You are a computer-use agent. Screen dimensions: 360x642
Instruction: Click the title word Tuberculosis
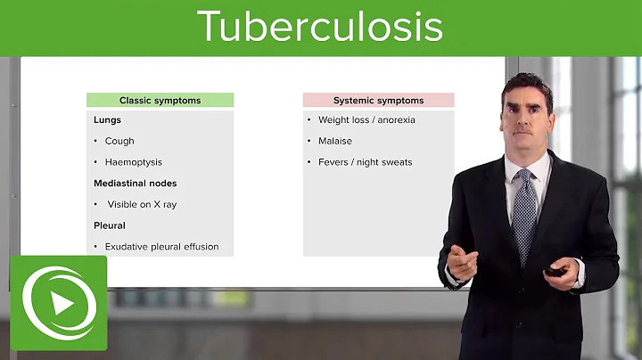pos(320,27)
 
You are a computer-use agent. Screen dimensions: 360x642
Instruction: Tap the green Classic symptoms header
pos(160,101)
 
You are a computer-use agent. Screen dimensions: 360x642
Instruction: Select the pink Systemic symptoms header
pos(378,101)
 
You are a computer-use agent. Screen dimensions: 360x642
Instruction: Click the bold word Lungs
pos(108,120)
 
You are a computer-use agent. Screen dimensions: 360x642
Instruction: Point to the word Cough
pos(119,141)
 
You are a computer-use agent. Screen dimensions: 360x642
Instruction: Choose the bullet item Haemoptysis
pos(133,162)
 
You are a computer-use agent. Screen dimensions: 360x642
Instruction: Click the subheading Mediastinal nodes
pos(136,184)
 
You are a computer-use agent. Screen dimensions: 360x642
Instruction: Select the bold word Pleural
pos(110,225)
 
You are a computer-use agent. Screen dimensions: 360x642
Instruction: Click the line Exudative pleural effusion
pos(161,247)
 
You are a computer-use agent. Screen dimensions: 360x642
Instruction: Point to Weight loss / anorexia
pos(366,120)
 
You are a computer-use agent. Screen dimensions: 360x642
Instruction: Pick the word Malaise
pos(335,141)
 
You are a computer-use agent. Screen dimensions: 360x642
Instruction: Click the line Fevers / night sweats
pos(365,162)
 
